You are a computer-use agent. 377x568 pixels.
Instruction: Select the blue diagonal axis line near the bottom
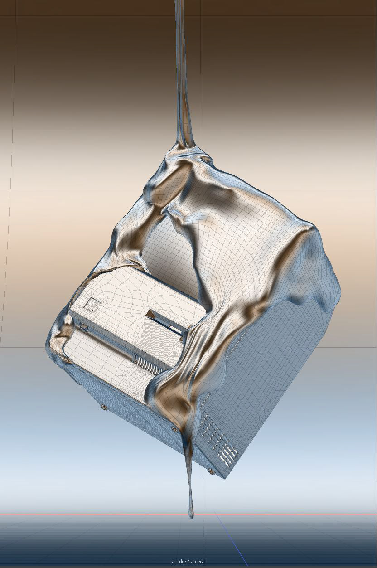click(231, 538)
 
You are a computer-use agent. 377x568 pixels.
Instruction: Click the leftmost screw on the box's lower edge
click(103, 407)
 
